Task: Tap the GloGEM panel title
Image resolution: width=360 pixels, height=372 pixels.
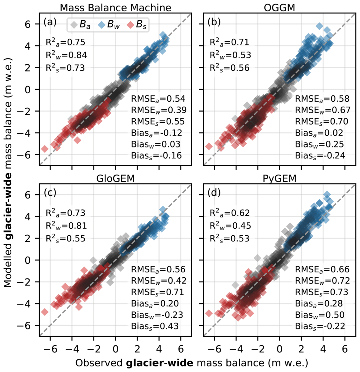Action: pyautogui.click(x=116, y=178)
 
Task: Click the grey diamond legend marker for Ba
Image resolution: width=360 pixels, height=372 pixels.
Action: pyautogui.click(x=74, y=25)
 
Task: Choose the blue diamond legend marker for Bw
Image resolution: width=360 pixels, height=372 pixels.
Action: pyautogui.click(x=101, y=25)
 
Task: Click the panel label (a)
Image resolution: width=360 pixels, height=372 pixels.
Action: pyautogui.click(x=50, y=23)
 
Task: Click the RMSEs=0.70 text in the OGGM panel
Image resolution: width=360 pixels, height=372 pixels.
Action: pyautogui.click(x=322, y=122)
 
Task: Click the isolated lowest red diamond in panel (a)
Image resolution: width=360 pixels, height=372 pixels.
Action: pyautogui.click(x=45, y=149)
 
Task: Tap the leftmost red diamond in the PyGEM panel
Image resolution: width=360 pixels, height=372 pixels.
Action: pyautogui.click(x=209, y=313)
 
